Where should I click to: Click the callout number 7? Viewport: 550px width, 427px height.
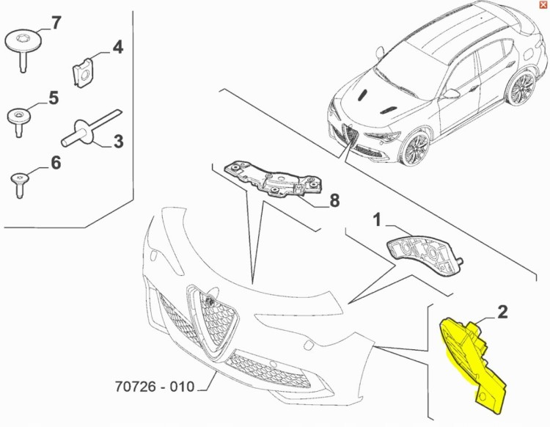56,23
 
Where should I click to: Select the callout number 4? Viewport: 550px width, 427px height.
117,48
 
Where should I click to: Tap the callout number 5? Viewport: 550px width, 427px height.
53,97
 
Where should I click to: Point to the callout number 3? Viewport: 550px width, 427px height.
117,140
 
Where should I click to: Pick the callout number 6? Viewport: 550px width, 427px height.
55,162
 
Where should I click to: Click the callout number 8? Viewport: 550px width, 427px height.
334,200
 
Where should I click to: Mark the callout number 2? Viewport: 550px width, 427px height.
502,312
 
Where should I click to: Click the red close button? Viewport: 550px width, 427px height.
543,4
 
